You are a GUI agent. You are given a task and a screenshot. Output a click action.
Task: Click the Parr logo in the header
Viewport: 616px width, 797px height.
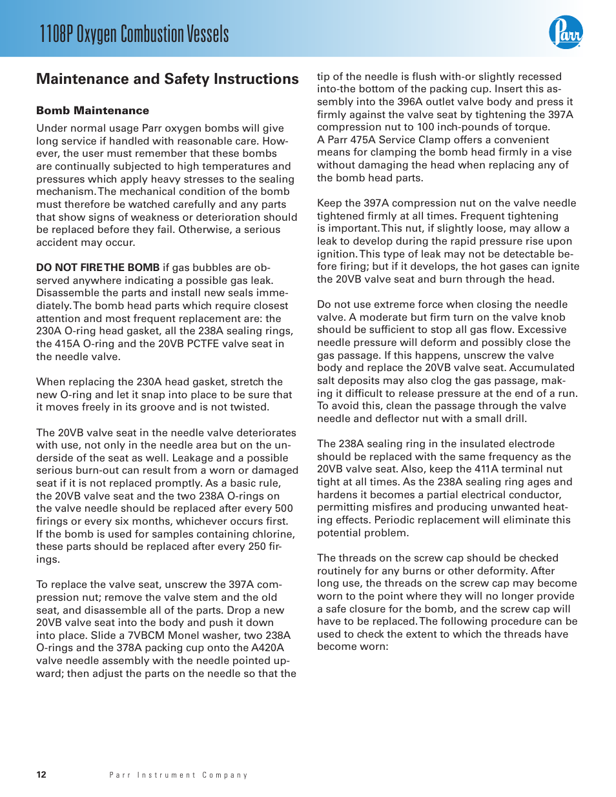(x=566, y=32)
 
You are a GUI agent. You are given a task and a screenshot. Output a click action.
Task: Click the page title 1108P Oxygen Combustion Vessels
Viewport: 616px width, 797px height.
(x=134, y=34)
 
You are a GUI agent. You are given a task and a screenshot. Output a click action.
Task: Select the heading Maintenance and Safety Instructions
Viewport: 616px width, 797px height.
(x=167, y=79)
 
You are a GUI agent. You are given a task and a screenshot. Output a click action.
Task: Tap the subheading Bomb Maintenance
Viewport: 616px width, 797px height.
(x=92, y=110)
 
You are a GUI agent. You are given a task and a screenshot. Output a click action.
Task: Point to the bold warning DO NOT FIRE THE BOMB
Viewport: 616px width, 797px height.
(x=98, y=268)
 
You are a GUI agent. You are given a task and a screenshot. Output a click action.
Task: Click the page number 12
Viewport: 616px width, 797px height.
(x=41, y=774)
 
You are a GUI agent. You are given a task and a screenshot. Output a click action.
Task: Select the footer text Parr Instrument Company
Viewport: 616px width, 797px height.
(x=178, y=775)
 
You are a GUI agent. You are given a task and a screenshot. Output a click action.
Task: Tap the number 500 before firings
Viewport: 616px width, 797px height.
(x=283, y=509)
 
